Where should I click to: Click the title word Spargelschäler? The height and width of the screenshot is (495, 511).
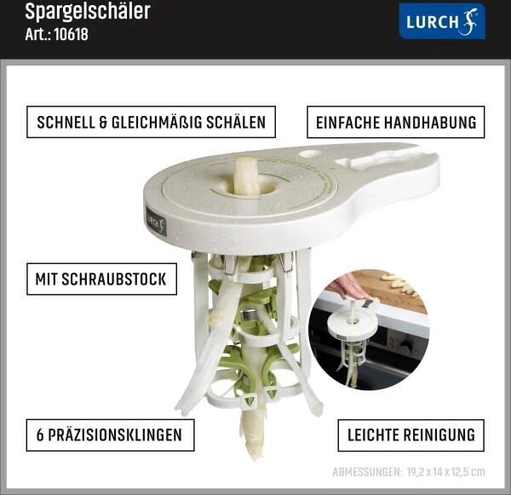click(x=88, y=12)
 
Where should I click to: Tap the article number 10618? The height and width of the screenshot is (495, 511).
click(x=71, y=34)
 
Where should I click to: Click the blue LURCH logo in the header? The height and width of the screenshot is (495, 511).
click(x=442, y=21)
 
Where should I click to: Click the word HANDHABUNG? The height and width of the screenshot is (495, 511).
click(x=430, y=123)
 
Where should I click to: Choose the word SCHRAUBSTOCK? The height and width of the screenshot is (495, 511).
click(x=114, y=279)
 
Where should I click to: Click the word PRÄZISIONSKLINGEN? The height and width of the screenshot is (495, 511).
click(x=115, y=435)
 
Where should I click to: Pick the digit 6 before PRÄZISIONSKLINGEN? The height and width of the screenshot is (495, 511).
click(x=40, y=435)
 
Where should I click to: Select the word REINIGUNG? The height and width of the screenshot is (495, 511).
click(x=439, y=435)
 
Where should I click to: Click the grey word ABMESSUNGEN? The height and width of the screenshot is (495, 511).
click(x=367, y=472)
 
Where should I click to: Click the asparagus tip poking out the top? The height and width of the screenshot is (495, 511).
click(x=246, y=175)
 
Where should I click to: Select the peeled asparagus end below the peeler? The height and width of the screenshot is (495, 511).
click(x=251, y=430)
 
